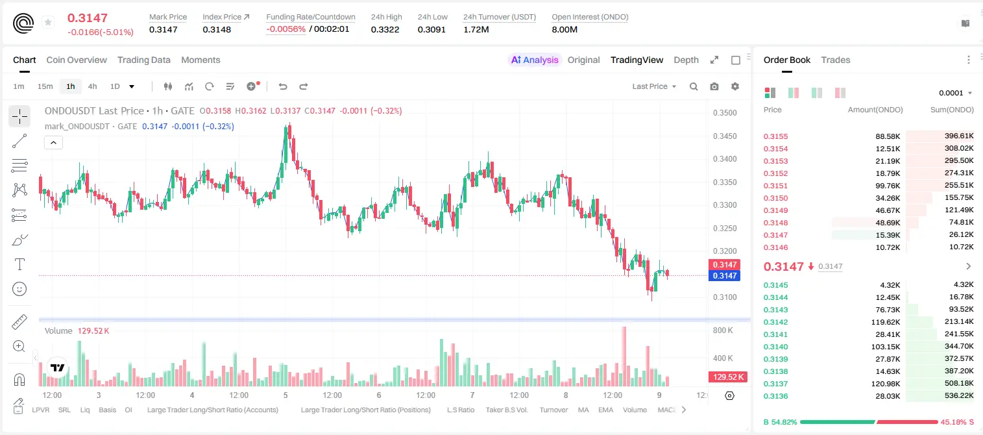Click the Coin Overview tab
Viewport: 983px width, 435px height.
77,60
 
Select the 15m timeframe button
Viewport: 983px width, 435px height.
45,86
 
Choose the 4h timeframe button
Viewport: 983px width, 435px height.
92,86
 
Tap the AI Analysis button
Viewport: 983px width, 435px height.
535,60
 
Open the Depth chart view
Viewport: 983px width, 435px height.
686,60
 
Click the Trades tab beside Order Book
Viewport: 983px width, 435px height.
836,60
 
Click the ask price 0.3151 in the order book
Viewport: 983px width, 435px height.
775,186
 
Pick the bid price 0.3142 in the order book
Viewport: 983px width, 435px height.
775,322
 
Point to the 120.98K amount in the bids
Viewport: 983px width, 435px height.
886,384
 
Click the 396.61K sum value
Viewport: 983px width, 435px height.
959,136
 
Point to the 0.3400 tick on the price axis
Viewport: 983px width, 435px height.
725,159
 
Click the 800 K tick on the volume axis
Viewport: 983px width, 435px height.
723,330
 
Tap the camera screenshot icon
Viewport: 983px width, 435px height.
714,86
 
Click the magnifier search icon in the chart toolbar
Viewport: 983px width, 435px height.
694,86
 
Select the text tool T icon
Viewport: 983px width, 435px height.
19,264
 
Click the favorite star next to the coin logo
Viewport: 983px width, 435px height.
48,22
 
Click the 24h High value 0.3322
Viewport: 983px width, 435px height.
385,29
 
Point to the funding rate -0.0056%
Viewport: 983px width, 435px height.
285,29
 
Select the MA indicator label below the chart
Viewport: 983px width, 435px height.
583,410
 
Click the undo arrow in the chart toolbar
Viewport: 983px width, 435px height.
283,86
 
